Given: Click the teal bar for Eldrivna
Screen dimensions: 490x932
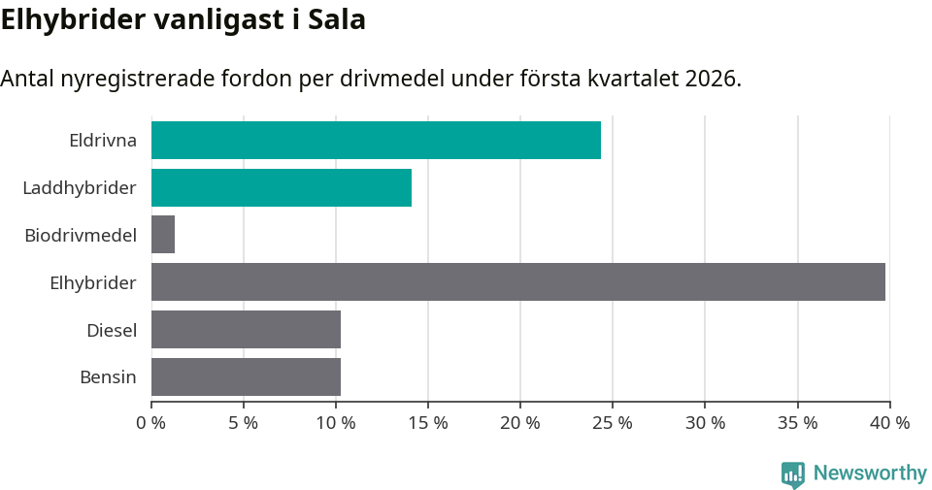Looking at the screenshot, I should click(x=376, y=140).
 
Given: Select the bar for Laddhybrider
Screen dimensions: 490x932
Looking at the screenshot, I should click(x=282, y=187).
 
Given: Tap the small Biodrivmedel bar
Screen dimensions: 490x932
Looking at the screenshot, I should click(x=163, y=235).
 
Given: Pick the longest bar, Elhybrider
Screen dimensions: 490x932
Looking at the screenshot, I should click(x=517, y=281).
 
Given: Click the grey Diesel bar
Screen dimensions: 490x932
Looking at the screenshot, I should click(x=246, y=329).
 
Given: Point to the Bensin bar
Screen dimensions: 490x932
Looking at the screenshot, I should click(x=246, y=376).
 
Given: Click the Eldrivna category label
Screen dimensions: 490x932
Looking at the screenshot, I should click(x=103, y=140).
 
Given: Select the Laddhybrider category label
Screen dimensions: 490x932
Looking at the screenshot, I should click(x=80, y=187).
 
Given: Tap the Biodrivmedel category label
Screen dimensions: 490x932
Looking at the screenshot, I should click(x=81, y=235).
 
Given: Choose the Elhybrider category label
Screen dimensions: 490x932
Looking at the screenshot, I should click(x=93, y=282).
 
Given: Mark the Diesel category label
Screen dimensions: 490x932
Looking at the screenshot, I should click(x=112, y=330).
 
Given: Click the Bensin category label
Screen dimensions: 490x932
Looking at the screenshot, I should click(x=108, y=377).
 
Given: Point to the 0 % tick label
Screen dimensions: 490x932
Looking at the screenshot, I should click(x=151, y=423).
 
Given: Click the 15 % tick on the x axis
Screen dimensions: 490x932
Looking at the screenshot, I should click(x=428, y=423).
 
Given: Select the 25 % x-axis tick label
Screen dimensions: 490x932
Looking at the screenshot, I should click(x=613, y=423).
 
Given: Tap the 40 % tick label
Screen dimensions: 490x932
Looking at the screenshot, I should click(x=889, y=423).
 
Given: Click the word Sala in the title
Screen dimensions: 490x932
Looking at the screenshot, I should click(x=337, y=19).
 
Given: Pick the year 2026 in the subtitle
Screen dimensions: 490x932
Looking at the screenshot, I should click(x=712, y=79).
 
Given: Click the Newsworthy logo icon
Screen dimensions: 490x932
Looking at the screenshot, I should click(x=793, y=474).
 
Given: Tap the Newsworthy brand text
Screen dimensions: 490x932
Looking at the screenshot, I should click(x=870, y=474).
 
